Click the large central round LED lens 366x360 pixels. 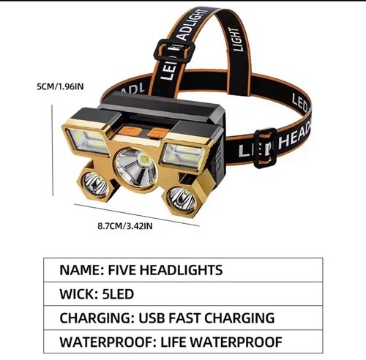click(135, 168)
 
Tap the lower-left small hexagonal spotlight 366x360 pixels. click(94, 184)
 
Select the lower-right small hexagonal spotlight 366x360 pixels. click(182, 199)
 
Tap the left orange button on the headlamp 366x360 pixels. click(130, 132)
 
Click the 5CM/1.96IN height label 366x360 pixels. click(60, 86)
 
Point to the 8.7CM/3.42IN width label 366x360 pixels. click(125, 226)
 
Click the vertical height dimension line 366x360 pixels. click(53, 150)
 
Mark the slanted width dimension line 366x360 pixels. click(137, 215)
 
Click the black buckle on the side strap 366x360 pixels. click(265, 149)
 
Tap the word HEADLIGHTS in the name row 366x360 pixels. click(182, 270)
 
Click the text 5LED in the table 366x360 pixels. click(118, 294)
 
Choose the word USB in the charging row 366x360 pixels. click(152, 318)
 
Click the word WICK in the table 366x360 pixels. click(78, 294)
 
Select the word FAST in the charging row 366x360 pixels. click(184, 318)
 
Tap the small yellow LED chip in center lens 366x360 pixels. click(143, 160)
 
